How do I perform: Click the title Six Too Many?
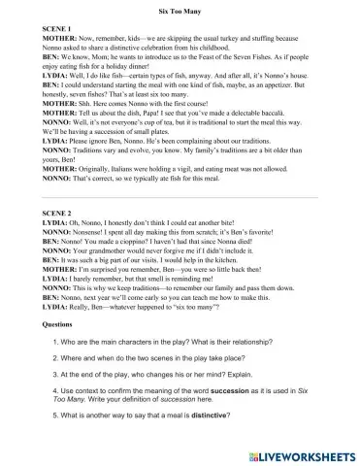coord(180,9)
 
